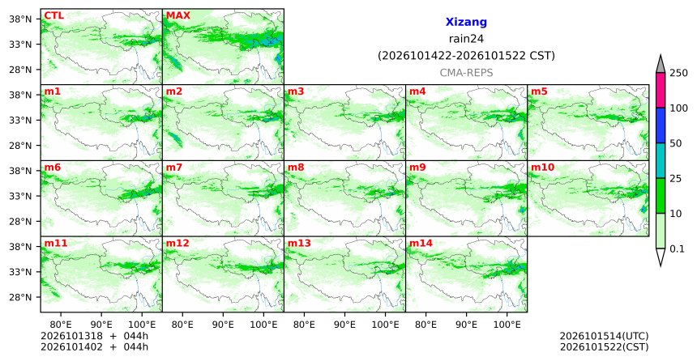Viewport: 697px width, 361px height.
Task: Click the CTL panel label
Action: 53,16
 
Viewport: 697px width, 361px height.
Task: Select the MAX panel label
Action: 177,16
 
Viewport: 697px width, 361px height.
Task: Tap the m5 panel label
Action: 539,91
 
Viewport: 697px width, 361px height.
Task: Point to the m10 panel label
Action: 542,168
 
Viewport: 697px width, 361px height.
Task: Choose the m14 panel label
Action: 421,244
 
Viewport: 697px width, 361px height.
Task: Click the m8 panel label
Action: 296,168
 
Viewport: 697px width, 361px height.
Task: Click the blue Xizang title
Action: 466,22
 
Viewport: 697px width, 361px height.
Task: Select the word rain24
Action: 466,39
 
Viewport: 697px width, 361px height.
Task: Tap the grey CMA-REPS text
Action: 466,73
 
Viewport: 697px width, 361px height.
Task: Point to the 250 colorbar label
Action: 679,73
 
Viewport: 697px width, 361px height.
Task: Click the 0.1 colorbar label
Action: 677,249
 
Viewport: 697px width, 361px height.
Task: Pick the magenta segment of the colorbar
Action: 661,90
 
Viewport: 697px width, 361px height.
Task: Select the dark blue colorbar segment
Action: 661,125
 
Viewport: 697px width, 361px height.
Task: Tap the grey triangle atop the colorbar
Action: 661,65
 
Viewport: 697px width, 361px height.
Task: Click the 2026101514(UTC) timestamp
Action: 604,336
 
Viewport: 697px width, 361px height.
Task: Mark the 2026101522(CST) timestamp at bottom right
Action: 604,346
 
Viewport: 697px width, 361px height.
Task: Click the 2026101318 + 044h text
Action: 94,336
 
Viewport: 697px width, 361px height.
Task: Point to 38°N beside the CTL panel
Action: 20,19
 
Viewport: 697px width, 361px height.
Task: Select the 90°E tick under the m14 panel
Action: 466,325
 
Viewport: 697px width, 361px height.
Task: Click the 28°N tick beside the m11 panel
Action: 20,297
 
